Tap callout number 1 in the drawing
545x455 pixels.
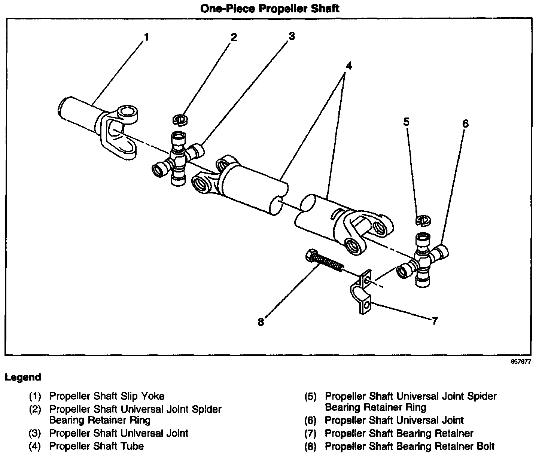tap(146, 37)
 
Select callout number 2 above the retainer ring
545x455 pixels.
tap(234, 37)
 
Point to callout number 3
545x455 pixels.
tap(292, 36)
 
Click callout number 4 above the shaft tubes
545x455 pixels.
tap(348, 66)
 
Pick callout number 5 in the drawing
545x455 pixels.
tap(407, 122)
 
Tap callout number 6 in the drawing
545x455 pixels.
tap(465, 123)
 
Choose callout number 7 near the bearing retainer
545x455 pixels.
tap(434, 321)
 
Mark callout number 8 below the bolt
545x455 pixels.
tap(261, 322)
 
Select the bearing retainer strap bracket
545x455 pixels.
tap(362, 294)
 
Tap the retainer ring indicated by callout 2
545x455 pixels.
tap(181, 119)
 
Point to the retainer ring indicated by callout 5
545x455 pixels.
tap(423, 220)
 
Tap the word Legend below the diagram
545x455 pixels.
tap(23, 377)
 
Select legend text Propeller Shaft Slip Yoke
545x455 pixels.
tap(107, 396)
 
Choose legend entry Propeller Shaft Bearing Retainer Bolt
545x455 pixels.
tap(409, 446)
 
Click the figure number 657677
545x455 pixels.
tap(520, 362)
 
